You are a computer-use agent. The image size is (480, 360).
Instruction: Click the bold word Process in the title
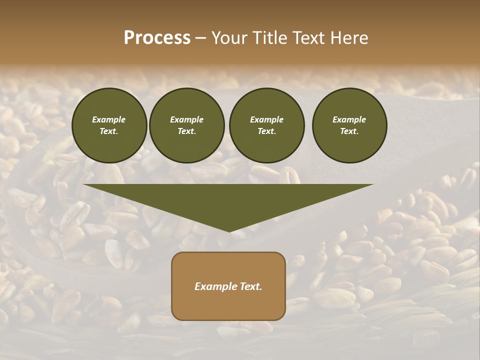tap(157, 38)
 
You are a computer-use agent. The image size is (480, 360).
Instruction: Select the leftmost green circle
tap(109, 125)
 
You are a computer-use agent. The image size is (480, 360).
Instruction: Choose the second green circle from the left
tap(187, 125)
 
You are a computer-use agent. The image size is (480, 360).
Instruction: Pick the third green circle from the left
tap(266, 125)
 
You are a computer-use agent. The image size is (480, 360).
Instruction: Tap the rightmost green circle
tap(349, 125)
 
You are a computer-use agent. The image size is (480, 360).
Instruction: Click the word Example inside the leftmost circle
tap(109, 119)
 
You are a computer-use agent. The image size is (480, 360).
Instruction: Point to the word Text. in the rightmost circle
tap(349, 131)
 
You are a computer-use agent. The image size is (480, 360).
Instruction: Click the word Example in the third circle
tap(266, 119)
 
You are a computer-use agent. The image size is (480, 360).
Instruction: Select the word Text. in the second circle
tap(187, 131)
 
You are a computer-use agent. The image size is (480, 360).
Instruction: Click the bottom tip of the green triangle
tap(229, 231)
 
